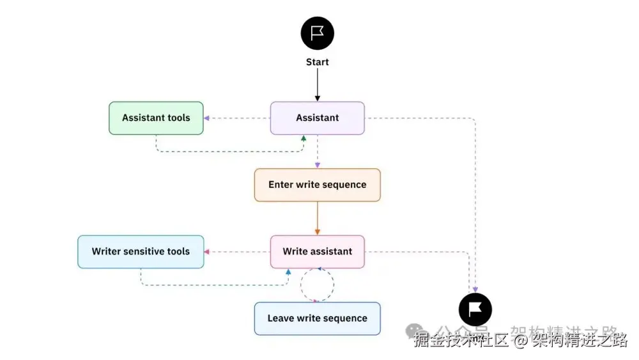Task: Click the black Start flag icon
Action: [318, 33]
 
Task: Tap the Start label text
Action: [318, 62]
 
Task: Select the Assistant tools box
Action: [156, 118]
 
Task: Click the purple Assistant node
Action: [318, 118]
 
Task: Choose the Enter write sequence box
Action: [318, 185]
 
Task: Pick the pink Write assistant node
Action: [318, 251]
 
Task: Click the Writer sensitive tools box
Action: [141, 251]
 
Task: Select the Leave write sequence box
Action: [318, 318]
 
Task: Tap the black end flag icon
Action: [475, 310]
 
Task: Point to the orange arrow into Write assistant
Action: [318, 221]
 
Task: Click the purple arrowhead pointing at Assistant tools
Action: [206, 118]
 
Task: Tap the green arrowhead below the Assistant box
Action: [304, 137]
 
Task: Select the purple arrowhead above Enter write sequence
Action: [318, 165]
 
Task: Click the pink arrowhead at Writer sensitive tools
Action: [207, 251]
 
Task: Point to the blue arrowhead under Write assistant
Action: [288, 272]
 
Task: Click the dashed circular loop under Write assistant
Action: [318, 285]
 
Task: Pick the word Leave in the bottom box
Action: [280, 318]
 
